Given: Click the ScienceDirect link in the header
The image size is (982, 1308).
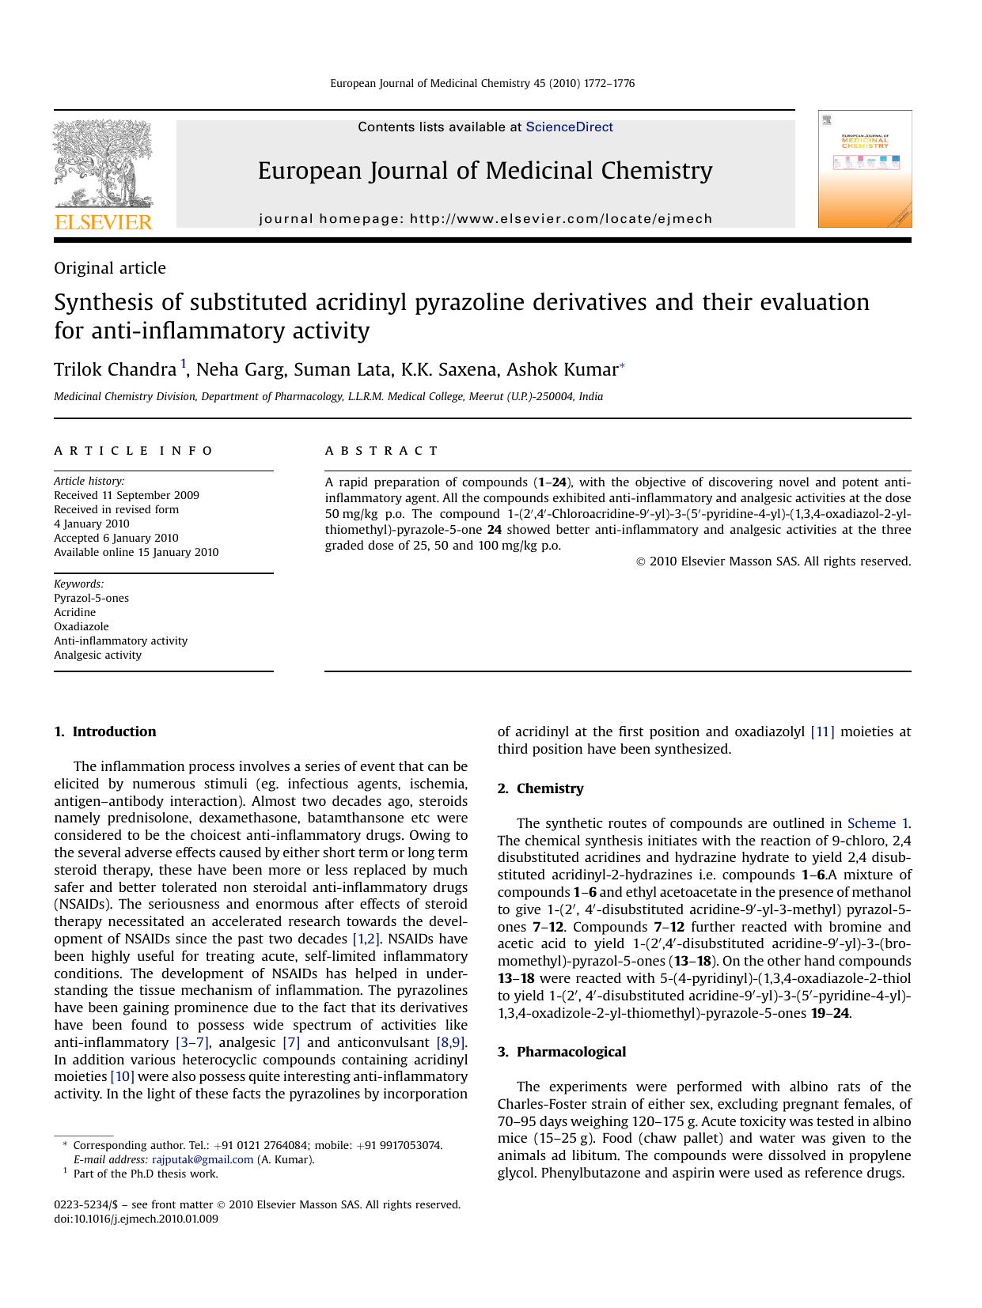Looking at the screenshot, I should pos(569,127).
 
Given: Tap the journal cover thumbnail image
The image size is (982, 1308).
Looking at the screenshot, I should pos(864,169).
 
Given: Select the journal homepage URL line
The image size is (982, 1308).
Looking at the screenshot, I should pos(485,219).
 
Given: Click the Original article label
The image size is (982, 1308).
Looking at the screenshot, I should pos(110,268).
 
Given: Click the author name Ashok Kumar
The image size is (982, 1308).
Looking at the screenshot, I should pos(562,369).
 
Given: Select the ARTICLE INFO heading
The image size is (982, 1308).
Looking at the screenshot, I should pos(133,451).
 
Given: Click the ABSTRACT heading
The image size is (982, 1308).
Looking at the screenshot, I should pos(381,451).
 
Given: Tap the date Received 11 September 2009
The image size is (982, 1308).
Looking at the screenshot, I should pos(126,495).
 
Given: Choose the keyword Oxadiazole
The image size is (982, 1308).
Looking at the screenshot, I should pos(81,626).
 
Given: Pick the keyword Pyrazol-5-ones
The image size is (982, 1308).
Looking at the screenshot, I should pos(91,598).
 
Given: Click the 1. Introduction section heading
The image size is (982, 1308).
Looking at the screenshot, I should pos(105,731).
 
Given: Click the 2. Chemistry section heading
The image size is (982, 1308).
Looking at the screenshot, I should pos(540,788).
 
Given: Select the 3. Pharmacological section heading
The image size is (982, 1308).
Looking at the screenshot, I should pos(561,1052).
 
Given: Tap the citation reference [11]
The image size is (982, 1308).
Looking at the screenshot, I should pos(822,731).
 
